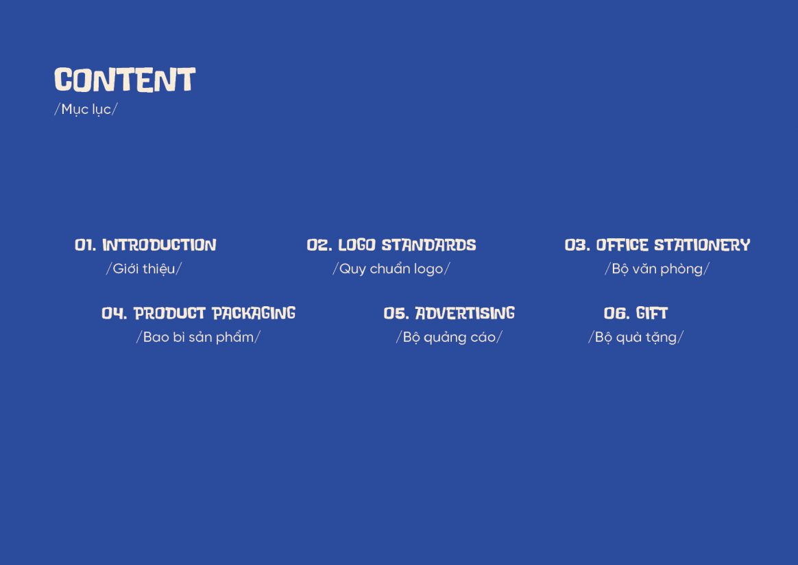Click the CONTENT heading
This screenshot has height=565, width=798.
[125, 80]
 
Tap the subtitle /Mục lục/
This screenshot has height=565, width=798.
[86, 110]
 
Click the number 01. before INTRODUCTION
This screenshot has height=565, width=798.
[85, 245]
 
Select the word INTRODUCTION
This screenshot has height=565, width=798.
[159, 245]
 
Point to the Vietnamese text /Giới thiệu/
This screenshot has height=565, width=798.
[143, 268]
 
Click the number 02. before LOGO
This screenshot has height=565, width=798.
[319, 245]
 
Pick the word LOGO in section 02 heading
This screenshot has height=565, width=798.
[356, 245]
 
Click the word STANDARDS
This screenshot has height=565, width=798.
[429, 245]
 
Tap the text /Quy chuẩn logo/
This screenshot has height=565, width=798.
[391, 269]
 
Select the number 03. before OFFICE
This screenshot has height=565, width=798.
[577, 245]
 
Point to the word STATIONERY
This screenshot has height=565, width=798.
[702, 245]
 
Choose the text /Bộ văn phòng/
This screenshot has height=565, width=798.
[657, 269]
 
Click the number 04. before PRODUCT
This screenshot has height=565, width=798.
[114, 313]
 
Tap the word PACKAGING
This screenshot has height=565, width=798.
[254, 313]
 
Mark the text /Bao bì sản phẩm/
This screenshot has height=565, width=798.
[198, 337]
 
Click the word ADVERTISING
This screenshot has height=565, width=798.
[465, 313]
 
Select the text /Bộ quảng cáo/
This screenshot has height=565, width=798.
[449, 337]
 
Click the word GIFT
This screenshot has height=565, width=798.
[652, 313]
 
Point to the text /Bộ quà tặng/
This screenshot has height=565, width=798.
[636, 337]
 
